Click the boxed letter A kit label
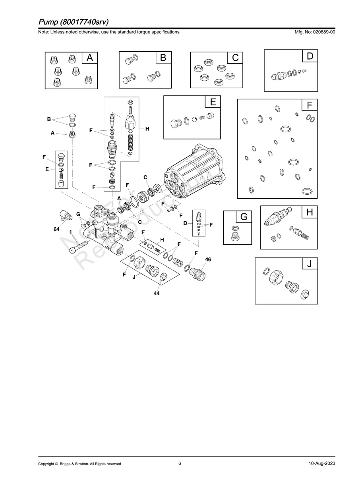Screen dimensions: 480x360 (90, 58)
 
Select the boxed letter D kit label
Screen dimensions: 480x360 (310, 56)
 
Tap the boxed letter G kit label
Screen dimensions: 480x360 (244, 217)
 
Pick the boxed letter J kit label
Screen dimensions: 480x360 (309, 263)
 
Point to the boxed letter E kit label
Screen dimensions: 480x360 (213, 102)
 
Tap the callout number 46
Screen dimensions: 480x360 (208, 259)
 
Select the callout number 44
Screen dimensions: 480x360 (157, 293)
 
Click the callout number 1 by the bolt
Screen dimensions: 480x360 (71, 232)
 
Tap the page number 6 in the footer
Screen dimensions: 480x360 (180, 463)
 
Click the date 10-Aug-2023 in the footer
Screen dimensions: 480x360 (322, 463)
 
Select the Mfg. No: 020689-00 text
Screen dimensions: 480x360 (314, 32)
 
